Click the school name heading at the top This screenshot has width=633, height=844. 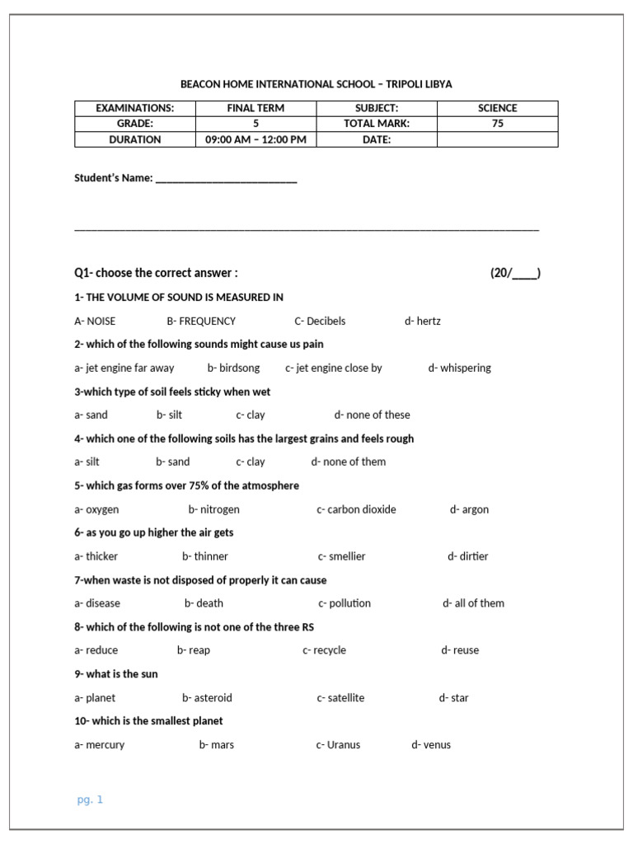[x=316, y=84]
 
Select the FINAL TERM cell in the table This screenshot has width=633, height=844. [x=256, y=108]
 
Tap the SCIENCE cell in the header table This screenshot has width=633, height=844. [x=498, y=108]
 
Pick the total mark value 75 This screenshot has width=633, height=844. [x=498, y=124]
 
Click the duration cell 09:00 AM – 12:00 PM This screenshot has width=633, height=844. [x=256, y=139]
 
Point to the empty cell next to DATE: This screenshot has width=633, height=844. [x=498, y=139]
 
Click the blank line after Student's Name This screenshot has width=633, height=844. [x=226, y=179]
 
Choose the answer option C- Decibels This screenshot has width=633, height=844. [x=320, y=321]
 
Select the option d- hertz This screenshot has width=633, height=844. [x=423, y=321]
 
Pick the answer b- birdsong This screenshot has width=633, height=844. [x=233, y=368]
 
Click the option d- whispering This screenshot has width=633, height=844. [x=459, y=368]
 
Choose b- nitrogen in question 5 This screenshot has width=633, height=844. [x=213, y=509]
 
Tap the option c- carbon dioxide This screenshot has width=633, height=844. [x=356, y=509]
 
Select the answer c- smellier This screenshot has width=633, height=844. [x=341, y=556]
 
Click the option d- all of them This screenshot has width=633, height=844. [x=473, y=603]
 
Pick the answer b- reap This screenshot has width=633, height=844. [x=194, y=650]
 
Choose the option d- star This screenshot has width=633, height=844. [x=453, y=698]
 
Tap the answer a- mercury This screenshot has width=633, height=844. [x=100, y=745]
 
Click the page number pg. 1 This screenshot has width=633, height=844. [x=90, y=799]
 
